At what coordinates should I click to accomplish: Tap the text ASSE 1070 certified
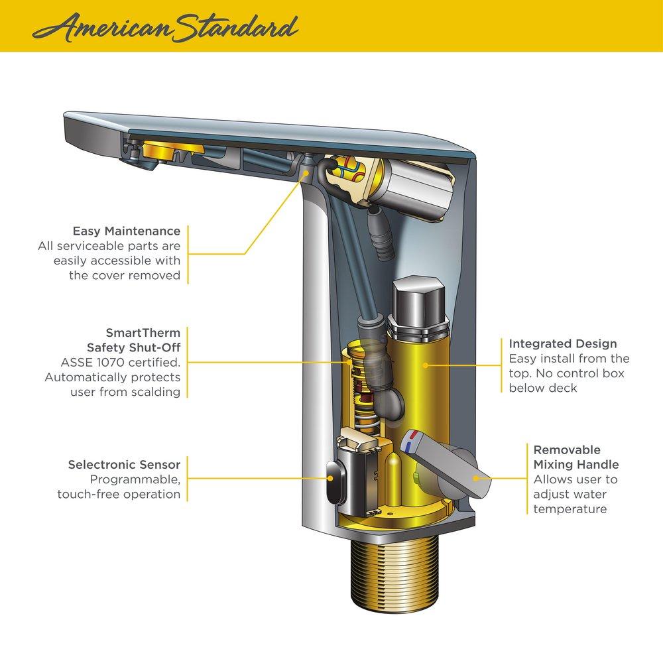point(120,363)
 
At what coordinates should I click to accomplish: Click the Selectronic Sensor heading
point(124,465)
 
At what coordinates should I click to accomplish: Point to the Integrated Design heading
point(563,344)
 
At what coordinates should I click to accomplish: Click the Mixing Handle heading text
point(576,464)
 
